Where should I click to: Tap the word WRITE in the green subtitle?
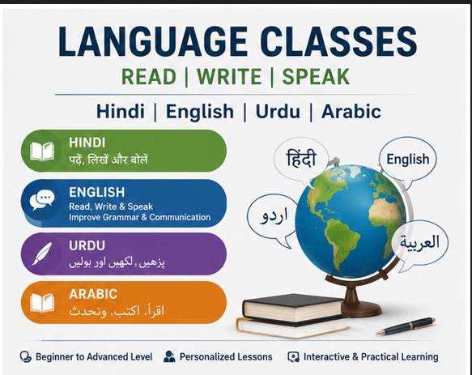click(x=229, y=76)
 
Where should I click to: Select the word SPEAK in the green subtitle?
click(x=316, y=76)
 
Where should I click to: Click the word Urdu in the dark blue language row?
click(x=278, y=112)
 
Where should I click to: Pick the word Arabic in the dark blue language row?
click(x=351, y=112)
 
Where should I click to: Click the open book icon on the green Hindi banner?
click(x=42, y=151)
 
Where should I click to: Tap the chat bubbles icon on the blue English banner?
click(x=42, y=200)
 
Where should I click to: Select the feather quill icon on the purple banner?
click(x=42, y=254)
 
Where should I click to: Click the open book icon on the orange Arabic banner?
click(x=42, y=303)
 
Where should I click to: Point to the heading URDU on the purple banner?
click(x=87, y=245)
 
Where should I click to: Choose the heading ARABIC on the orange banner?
click(x=93, y=294)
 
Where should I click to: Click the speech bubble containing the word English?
click(x=407, y=161)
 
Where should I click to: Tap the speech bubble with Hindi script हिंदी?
click(x=301, y=160)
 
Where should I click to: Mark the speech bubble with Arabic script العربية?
click(x=419, y=244)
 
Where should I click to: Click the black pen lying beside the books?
click(x=406, y=326)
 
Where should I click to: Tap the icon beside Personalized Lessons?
click(x=169, y=356)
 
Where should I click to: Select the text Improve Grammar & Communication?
click(x=140, y=217)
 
